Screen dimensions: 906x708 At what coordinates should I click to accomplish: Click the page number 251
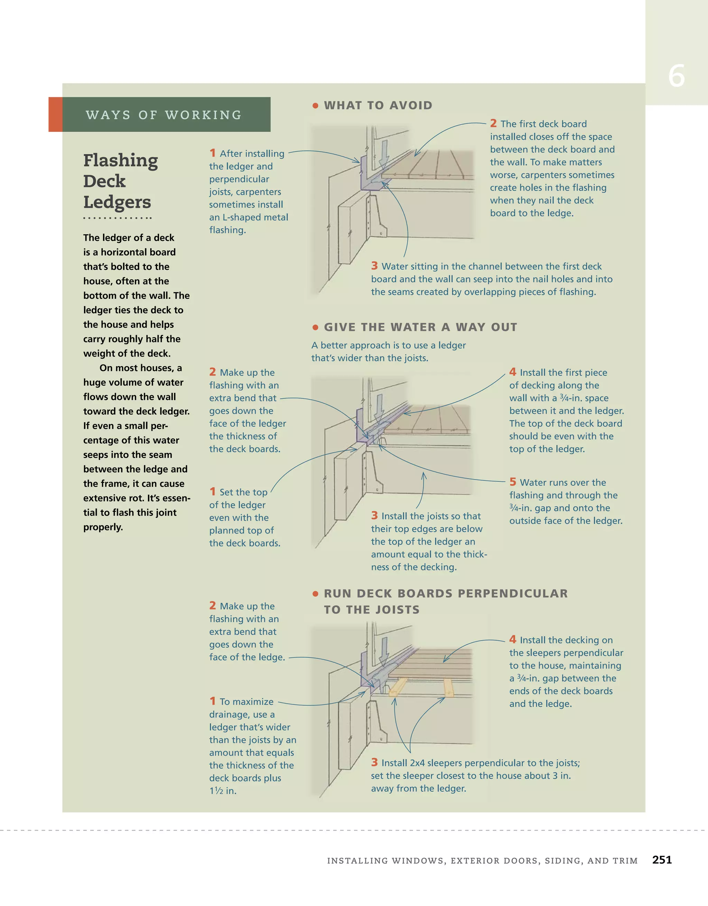[x=662, y=860]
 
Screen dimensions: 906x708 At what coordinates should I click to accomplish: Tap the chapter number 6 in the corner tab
[x=676, y=76]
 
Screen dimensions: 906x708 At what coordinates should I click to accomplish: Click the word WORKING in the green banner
[x=203, y=115]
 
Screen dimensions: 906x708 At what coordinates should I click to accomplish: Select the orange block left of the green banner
[x=55, y=114]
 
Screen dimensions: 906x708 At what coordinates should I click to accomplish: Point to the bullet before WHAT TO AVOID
[x=315, y=106]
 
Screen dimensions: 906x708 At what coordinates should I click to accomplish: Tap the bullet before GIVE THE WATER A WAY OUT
[x=315, y=327]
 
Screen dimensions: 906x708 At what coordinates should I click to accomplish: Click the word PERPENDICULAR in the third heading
[x=513, y=594]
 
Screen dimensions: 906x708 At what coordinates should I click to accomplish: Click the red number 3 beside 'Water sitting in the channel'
[x=374, y=266]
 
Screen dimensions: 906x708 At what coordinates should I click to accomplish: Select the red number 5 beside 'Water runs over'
[x=513, y=482]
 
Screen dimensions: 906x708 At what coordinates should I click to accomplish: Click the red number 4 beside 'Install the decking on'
[x=513, y=639]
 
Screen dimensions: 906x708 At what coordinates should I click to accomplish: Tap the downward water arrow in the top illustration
[x=384, y=154]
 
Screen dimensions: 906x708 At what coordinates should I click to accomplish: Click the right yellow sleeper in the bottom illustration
[x=448, y=687]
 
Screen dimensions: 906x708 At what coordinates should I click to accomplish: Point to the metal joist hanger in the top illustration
[x=378, y=218]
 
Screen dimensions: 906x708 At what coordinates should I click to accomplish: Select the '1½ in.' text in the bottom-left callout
[x=223, y=791]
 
